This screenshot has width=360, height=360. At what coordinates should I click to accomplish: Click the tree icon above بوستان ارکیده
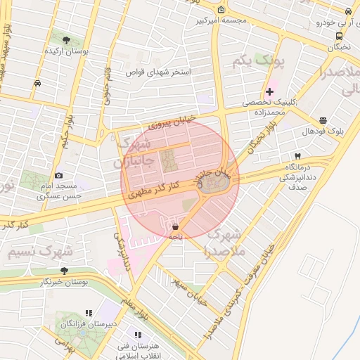(x=66, y=40)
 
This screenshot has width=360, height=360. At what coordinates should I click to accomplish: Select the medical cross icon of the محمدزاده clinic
(x=269, y=91)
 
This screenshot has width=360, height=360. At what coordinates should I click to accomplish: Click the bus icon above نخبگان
(x=340, y=36)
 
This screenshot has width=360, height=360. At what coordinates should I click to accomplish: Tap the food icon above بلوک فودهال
(x=322, y=121)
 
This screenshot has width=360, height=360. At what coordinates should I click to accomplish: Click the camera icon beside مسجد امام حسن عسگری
(x=58, y=175)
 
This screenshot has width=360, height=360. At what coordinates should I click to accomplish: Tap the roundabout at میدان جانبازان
(x=212, y=184)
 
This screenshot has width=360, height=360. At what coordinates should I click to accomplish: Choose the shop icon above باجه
(x=174, y=226)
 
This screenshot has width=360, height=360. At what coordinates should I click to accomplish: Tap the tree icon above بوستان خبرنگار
(x=64, y=270)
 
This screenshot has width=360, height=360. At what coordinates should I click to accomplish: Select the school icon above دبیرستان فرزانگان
(x=89, y=312)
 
